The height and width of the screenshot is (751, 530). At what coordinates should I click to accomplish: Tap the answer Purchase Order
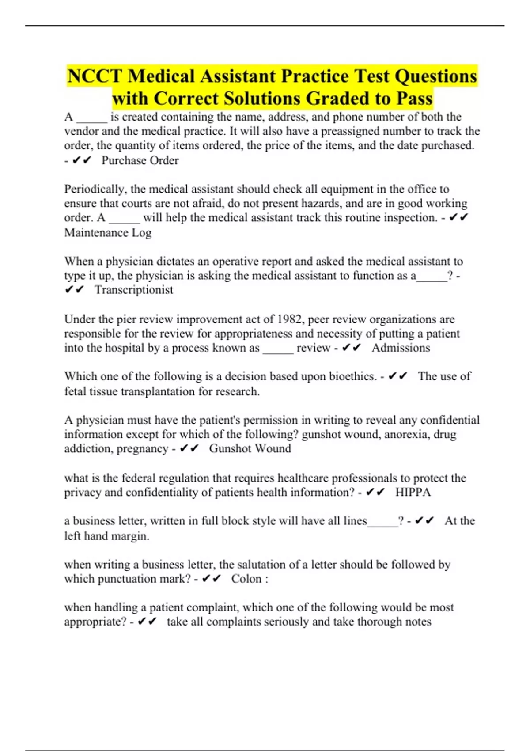click(x=140, y=160)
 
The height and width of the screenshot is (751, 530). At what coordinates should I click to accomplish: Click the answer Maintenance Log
click(x=108, y=232)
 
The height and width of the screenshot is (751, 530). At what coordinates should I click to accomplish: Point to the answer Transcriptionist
click(x=134, y=290)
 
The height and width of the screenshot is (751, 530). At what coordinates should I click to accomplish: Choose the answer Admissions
click(x=401, y=348)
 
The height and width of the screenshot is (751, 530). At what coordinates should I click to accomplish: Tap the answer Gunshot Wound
click(x=250, y=448)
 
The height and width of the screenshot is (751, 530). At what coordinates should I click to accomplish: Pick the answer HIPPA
click(x=413, y=492)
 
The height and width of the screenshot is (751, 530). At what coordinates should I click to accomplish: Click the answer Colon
click(x=246, y=579)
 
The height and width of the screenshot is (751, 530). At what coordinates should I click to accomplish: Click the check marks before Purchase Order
click(x=81, y=160)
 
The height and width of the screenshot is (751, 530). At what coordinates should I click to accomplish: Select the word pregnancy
click(x=141, y=449)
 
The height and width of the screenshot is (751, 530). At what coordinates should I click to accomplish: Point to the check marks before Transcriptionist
click(x=74, y=290)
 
